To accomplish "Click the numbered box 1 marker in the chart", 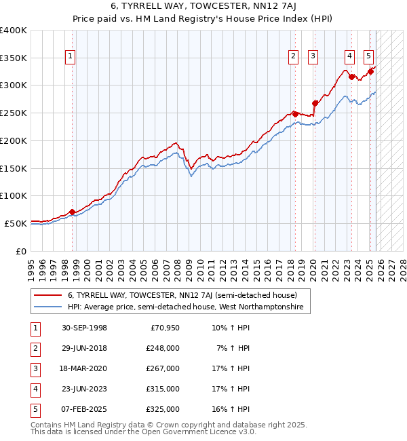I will [71, 56].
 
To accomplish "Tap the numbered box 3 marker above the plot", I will [313, 56].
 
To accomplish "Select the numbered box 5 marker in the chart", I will [368, 56].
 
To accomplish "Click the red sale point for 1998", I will [72, 212].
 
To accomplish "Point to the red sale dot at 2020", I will [315, 103].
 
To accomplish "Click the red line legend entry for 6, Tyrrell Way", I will [182, 295].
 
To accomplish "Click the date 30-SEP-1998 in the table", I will [84, 328].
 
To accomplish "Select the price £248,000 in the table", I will [163, 348].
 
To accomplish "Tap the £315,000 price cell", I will [163, 389].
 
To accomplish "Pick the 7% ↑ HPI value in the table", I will [233, 348].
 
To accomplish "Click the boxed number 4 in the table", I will [35, 389].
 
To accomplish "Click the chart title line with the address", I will [203, 8].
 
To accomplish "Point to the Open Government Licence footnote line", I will [144, 431].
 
